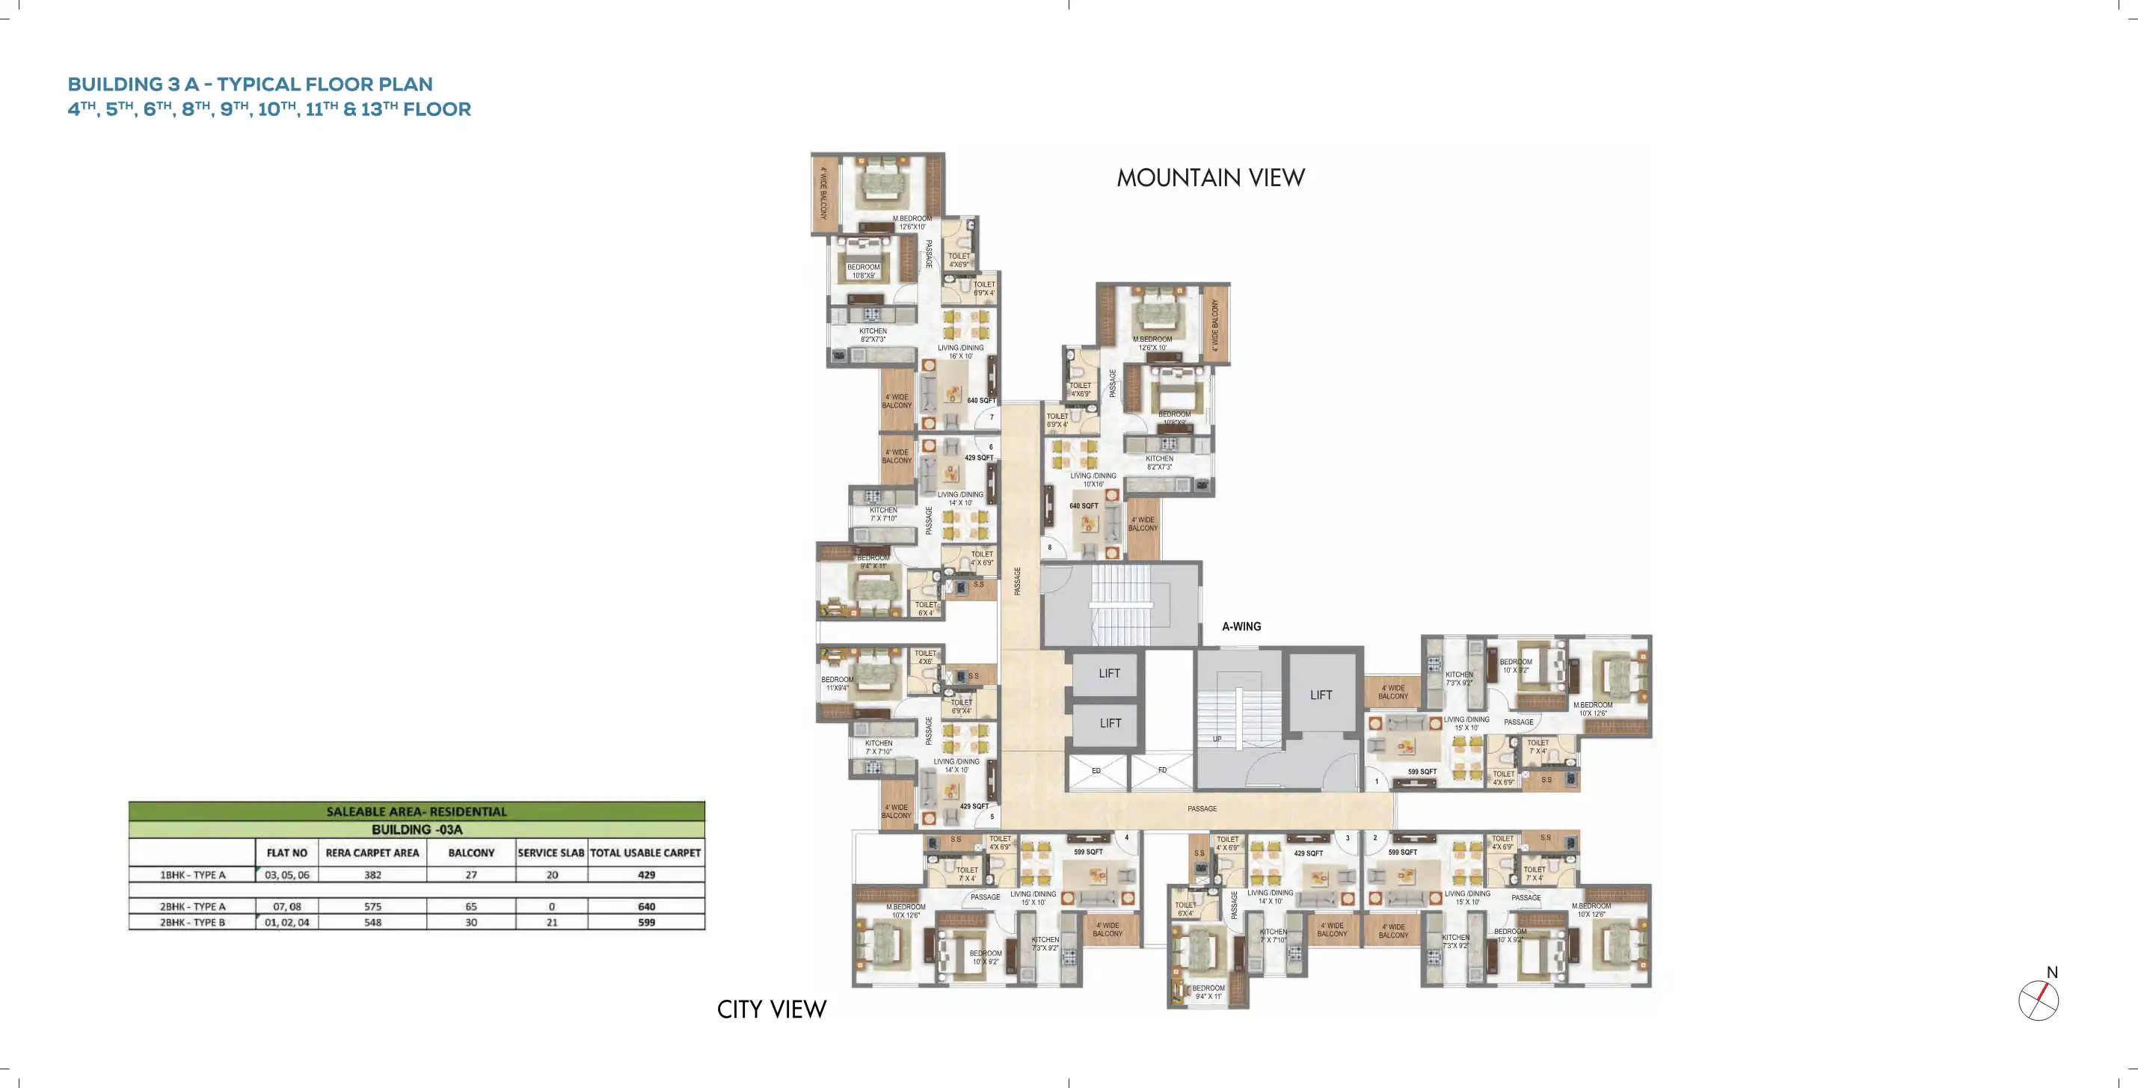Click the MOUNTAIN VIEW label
pos(1210,178)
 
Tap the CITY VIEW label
pos(771,1009)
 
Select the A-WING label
pos(1241,627)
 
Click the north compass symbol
pos(2039,999)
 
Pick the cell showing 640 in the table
pos(645,906)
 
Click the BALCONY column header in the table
pos(470,852)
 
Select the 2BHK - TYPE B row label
pos(192,922)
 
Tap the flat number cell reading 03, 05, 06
pos(286,875)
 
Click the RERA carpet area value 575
pos(372,906)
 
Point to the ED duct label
pos(1096,771)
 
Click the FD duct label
pos(1162,770)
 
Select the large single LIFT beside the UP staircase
pos(1321,695)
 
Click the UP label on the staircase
pos(1217,739)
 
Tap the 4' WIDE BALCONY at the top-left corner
pos(823,194)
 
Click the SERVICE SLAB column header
pos(551,852)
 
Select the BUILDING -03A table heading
pos(417,829)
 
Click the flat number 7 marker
pos(991,417)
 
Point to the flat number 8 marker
pos(1050,547)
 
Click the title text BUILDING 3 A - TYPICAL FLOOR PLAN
pos(250,84)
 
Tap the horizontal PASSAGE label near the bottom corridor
pos(1202,808)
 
